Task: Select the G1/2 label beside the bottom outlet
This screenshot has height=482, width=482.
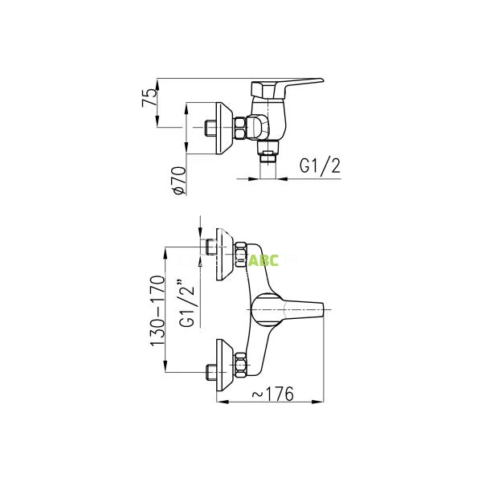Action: point(321,166)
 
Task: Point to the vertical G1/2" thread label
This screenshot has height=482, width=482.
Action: point(187,303)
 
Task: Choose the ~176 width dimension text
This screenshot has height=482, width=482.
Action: point(271,394)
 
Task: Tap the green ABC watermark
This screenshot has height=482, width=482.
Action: point(263,260)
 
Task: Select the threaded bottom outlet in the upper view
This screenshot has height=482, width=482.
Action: point(269,154)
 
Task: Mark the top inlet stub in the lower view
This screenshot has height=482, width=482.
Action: point(210,248)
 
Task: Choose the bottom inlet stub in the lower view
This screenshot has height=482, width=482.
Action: point(210,371)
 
